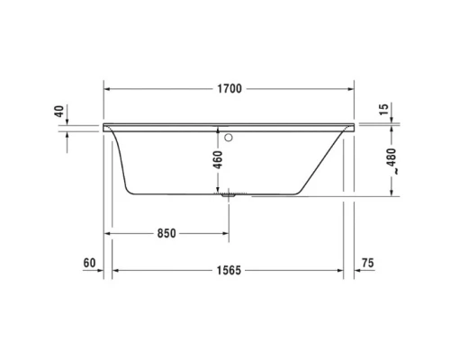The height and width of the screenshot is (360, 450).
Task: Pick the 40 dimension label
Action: [x=58, y=112]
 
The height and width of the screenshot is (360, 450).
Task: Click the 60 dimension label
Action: [x=87, y=264]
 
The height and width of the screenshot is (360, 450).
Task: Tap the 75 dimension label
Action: [x=366, y=264]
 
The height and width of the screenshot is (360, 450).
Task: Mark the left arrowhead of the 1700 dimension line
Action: [x=109, y=89]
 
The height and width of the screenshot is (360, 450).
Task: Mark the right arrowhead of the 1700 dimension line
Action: [x=353, y=89]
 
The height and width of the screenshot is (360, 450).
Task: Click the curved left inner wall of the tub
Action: [x=121, y=162]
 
